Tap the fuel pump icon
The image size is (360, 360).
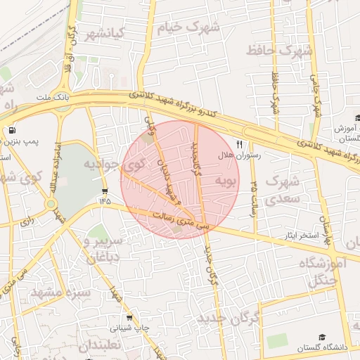point(11,131)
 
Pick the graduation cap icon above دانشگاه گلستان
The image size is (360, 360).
point(323,337)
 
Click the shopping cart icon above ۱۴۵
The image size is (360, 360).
point(105,192)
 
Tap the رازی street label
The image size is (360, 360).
point(27,221)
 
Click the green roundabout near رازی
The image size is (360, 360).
point(51,205)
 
